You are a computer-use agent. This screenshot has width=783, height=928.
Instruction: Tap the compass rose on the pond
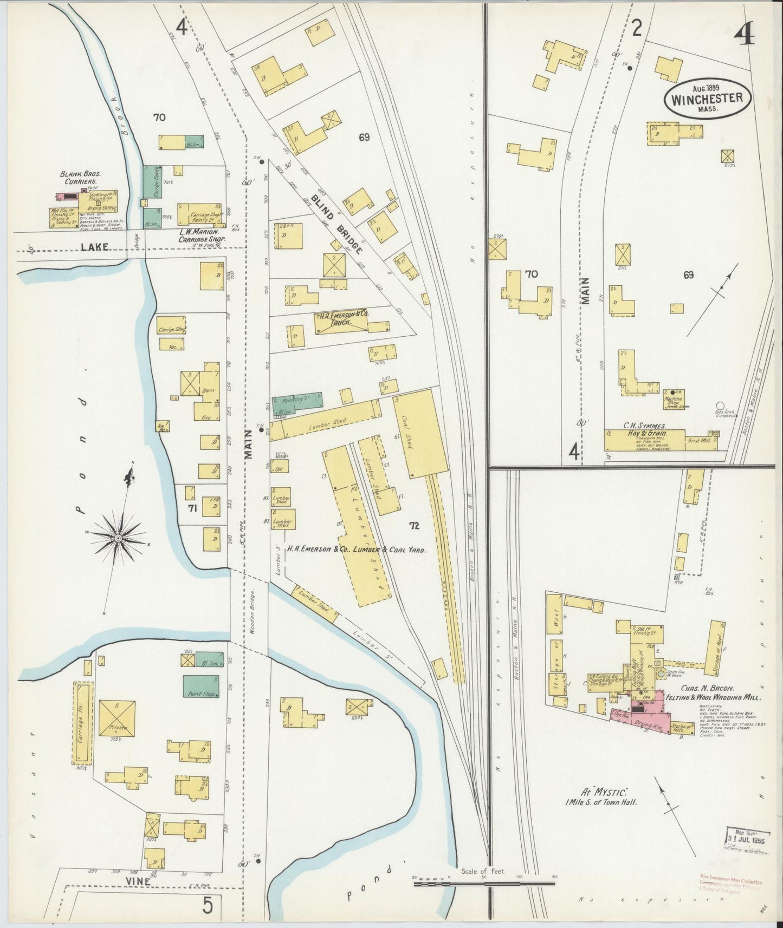pos(118,537)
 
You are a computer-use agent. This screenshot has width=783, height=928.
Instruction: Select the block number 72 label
pos(414,525)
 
